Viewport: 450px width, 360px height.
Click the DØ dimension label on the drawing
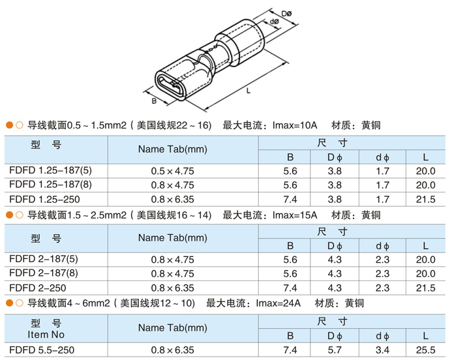coord(286,14)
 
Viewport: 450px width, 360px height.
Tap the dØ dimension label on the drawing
coord(275,22)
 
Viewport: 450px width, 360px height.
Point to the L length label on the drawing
coord(248,91)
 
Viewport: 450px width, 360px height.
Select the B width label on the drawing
coord(154,101)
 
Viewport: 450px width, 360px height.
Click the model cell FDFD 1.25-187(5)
coord(50,170)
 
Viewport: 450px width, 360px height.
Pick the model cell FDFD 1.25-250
coord(44,199)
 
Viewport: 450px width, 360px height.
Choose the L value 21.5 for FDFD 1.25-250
coord(426,199)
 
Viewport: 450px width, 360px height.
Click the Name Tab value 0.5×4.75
coord(172,171)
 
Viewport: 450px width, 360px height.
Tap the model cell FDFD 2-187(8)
coord(44,273)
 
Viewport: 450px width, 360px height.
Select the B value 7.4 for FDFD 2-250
coord(290,288)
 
